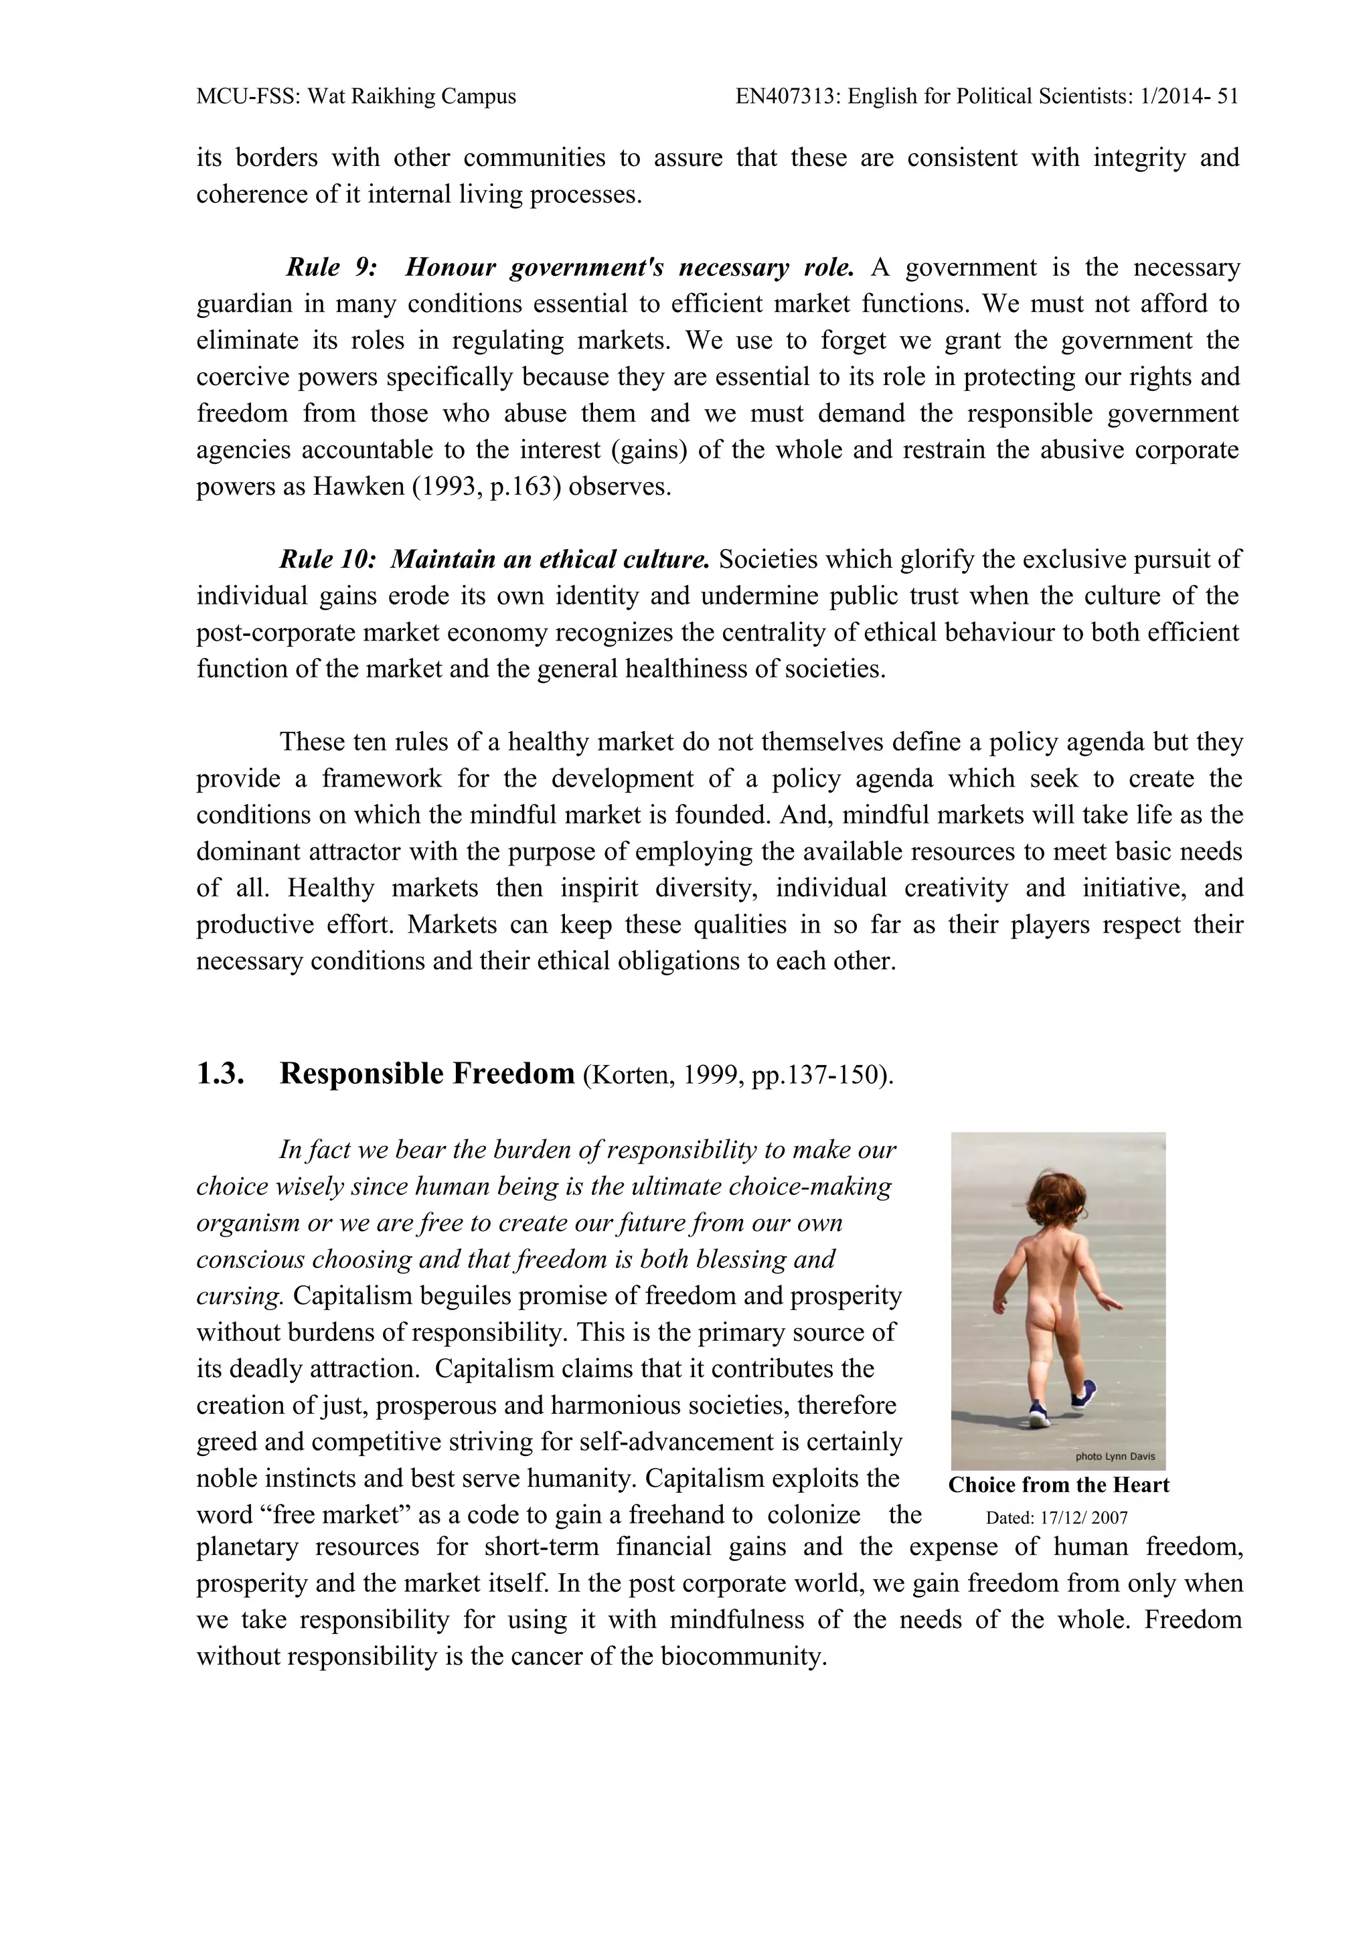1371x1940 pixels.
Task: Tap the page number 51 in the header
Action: tap(1227, 96)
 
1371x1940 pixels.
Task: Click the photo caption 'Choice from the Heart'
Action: tap(1058, 1485)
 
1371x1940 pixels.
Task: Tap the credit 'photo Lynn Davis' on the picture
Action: tap(1114, 1456)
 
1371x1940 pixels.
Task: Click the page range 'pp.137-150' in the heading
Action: tap(814, 1076)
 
